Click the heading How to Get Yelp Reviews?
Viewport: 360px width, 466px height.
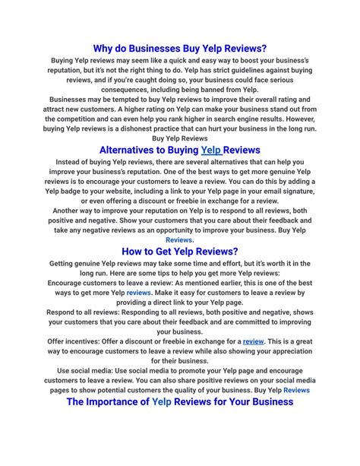180,251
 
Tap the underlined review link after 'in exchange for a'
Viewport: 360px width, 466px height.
253,342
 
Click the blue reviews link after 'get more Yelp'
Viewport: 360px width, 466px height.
138,292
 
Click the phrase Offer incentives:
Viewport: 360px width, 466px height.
79,342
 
